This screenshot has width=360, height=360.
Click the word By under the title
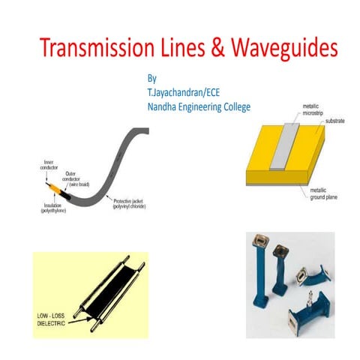coord(153,77)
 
